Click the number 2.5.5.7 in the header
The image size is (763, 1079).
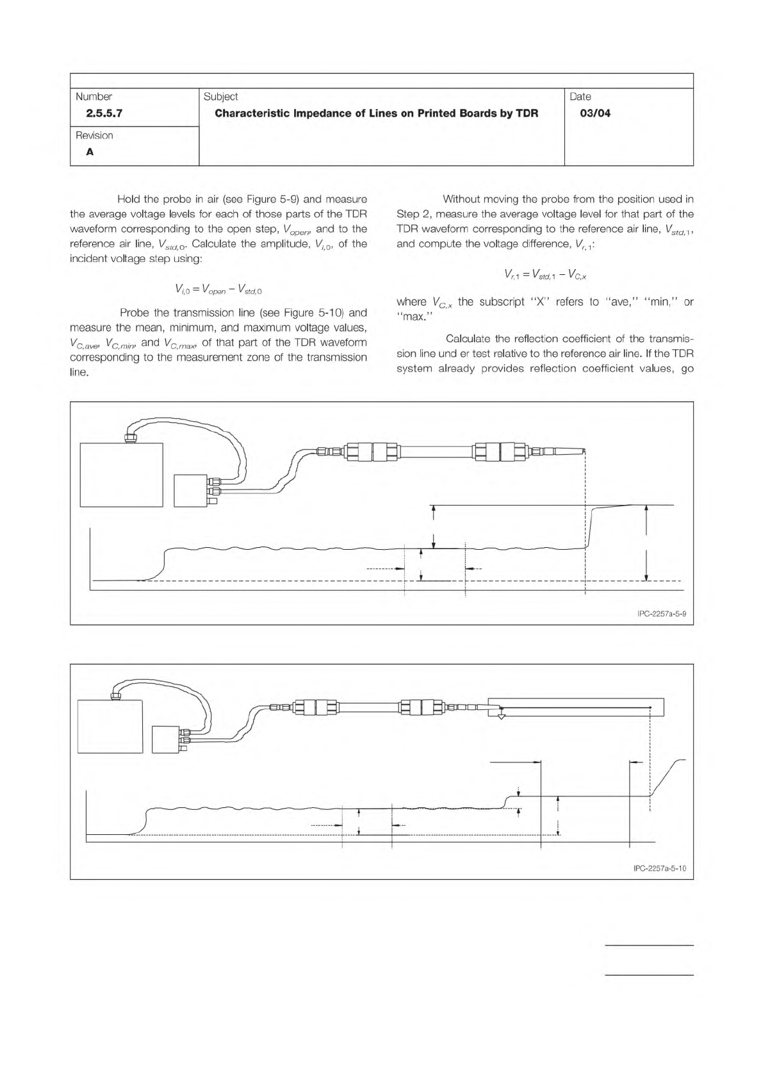[x=100, y=114]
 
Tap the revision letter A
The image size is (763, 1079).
[x=90, y=152]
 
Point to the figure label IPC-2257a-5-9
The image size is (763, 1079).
[x=662, y=614]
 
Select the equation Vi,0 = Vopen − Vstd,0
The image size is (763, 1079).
[x=218, y=290]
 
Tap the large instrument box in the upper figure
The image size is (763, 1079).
[x=121, y=475]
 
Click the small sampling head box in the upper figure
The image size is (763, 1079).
[x=190, y=491]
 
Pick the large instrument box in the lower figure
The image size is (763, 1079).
[x=110, y=726]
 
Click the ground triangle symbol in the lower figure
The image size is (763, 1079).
[x=502, y=715]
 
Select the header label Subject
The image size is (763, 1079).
[x=220, y=97]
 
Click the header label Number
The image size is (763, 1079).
[x=94, y=97]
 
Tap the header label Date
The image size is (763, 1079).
[x=580, y=97]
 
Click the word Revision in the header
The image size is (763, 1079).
[x=94, y=136]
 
